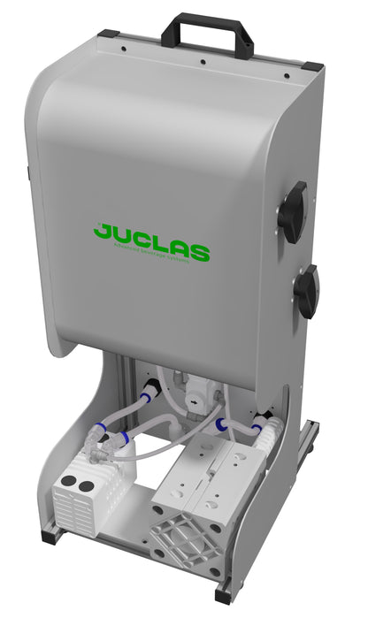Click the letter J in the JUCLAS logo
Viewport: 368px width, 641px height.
click(102, 232)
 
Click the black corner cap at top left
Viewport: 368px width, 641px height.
click(107, 34)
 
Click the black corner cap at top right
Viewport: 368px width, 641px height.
click(311, 66)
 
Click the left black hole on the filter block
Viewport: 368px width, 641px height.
click(66, 483)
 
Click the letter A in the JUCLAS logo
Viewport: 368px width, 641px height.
click(181, 247)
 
